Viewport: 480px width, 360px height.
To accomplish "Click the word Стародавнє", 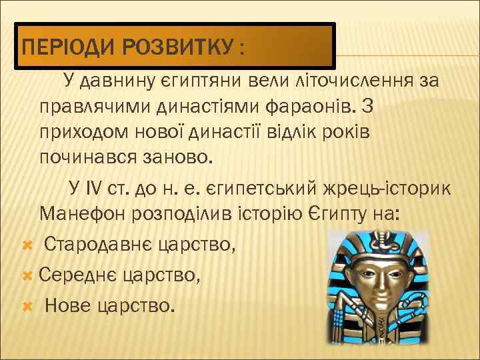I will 99,245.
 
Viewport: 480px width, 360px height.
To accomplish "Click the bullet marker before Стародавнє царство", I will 27,246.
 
